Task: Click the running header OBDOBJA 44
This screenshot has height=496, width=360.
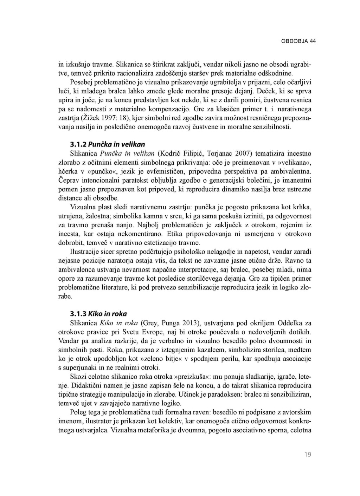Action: coord(298,41)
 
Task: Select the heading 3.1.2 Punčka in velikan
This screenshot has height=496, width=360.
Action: coord(107,144)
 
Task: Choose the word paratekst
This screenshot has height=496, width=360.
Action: coord(127,181)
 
